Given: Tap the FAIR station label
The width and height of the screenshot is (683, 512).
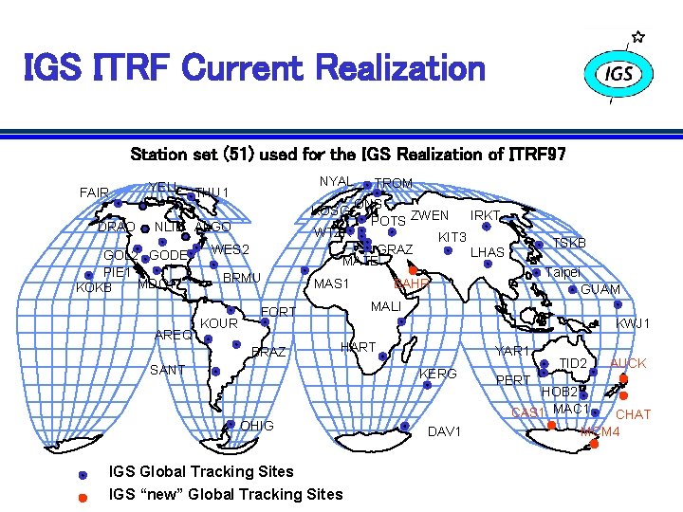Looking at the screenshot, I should point(94,192).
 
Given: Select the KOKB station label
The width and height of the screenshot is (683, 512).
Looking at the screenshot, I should point(94,286).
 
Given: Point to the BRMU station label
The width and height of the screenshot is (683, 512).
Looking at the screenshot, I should point(241,277).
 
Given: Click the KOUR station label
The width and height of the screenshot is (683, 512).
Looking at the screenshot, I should point(219,323).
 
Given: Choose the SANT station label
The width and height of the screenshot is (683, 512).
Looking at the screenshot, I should point(168,370).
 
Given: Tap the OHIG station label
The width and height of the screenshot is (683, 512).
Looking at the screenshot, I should point(258,426).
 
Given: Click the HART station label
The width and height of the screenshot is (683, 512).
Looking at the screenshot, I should point(359,347).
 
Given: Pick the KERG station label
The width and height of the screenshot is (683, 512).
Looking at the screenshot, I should point(438,374).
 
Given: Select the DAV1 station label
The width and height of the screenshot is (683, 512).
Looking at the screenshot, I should point(444,432).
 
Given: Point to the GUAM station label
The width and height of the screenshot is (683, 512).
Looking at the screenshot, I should point(600,289).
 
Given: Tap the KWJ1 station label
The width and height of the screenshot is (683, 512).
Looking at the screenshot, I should point(634,324).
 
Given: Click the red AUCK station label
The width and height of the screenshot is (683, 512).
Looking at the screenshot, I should point(628,363).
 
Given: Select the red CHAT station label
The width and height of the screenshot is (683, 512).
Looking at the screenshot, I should point(633,414).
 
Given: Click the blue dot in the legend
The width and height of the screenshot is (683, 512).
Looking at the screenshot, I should point(83,473).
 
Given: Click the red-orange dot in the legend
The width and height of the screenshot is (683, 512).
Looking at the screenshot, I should point(83,495).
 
